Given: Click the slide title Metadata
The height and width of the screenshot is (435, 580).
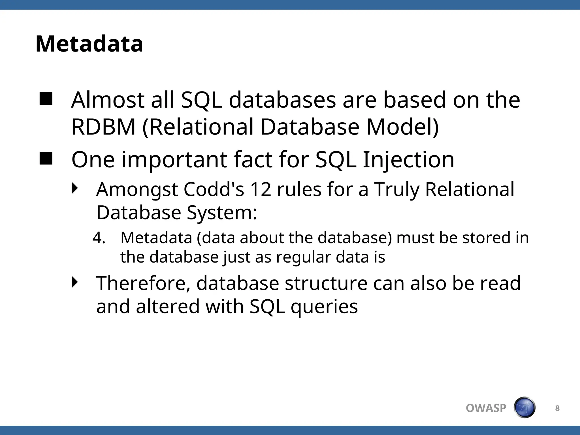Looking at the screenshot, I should click(x=89, y=44).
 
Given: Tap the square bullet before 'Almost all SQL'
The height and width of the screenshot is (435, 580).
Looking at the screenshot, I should click(x=46, y=99).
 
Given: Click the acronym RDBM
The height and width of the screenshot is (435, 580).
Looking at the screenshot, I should click(x=104, y=127).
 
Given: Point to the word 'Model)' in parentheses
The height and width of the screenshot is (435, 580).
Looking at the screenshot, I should click(x=402, y=127).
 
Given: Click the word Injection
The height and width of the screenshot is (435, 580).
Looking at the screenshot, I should click(x=408, y=160).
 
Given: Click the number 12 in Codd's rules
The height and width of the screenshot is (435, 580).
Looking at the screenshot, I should click(x=261, y=189).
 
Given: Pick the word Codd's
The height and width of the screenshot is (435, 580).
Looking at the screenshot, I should click(x=214, y=189).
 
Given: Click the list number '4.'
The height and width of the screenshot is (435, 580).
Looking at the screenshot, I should click(x=99, y=238).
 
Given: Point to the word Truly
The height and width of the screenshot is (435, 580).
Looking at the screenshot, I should click(x=396, y=189).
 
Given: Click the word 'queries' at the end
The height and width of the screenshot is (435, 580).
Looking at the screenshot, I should click(x=324, y=307).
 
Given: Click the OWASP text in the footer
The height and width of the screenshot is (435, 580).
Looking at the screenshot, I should click(x=486, y=408).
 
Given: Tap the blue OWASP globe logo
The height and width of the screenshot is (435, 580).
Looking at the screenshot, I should click(x=524, y=408).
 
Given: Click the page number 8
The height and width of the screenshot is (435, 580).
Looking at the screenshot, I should click(x=557, y=408).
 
